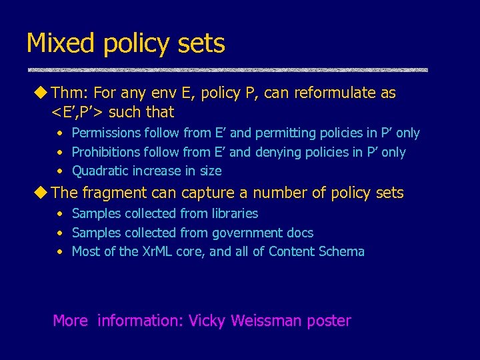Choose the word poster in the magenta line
pyautogui.click(x=329, y=321)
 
